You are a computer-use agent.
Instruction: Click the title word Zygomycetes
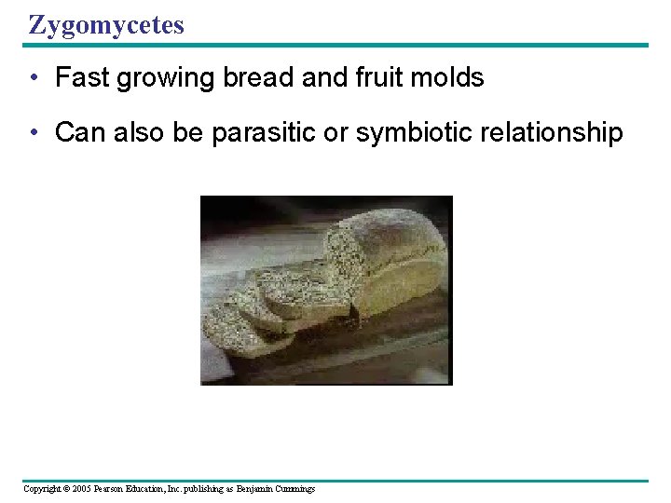pos(106,25)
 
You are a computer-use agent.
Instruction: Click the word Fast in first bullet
pos(82,78)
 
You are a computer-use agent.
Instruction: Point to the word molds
pos(453,78)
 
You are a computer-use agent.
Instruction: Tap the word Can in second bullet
pos(80,133)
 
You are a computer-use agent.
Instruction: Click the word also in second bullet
pos(138,133)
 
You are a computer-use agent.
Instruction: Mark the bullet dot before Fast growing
pos(34,79)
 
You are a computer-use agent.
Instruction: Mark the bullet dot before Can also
pos(34,134)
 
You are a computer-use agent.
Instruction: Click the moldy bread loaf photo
pos(326,290)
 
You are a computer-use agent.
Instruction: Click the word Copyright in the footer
pos(42,489)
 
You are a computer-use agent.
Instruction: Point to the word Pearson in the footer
pos(113,489)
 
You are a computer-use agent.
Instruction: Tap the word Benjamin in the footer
pos(254,489)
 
